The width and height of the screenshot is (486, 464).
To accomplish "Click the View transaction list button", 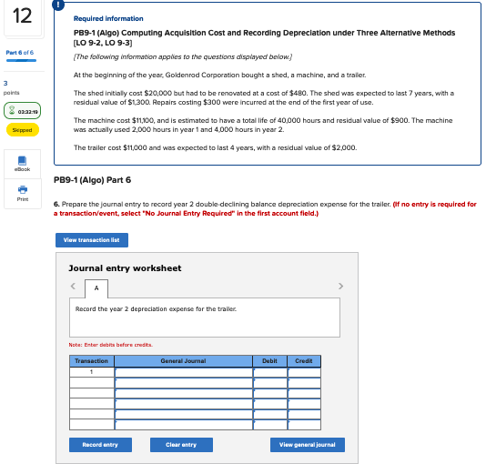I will point(91,240).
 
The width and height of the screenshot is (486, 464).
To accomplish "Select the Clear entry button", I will point(181,444).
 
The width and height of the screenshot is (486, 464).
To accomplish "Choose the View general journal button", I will point(308,444).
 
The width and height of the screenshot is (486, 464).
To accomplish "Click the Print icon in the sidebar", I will point(20,193).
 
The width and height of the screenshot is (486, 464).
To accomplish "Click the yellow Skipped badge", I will point(20,130).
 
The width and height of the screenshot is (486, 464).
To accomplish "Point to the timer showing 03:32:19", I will point(20,112).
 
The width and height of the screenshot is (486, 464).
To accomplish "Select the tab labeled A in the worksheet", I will point(96,287).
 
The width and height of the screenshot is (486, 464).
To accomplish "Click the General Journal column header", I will point(182,361).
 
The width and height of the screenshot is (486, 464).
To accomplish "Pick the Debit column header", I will point(269,361).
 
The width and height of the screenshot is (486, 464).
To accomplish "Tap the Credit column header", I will point(304,361).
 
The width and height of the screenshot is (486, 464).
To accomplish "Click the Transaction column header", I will point(91,361).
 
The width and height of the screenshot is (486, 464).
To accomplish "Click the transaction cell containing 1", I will point(91,371).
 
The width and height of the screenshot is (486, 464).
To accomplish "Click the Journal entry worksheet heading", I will point(125,268).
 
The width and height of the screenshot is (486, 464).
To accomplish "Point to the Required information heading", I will point(107,18).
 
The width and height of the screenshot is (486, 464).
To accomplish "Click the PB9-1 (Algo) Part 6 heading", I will point(93,179).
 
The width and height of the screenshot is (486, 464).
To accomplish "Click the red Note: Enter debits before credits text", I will point(110,344).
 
